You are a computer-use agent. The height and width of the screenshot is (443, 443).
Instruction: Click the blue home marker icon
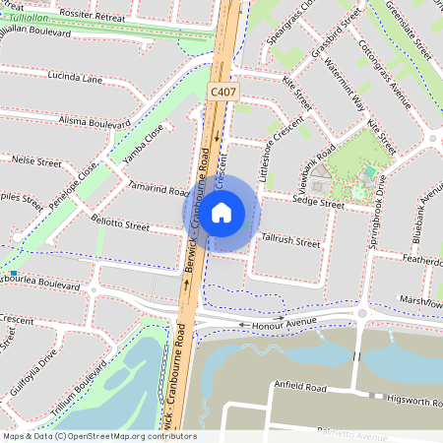pyautogui.click(x=221, y=213)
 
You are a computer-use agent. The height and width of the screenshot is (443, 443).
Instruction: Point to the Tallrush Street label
pyautogui.click(x=290, y=239)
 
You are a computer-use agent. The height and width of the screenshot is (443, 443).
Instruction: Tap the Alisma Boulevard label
pyautogui.click(x=95, y=124)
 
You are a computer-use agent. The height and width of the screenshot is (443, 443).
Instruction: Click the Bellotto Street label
pyautogui.click(x=119, y=225)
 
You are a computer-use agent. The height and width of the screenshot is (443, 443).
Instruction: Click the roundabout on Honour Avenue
pyautogui.click(x=361, y=314)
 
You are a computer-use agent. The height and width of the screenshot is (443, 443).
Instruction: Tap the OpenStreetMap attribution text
pyautogui.click(x=98, y=436)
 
